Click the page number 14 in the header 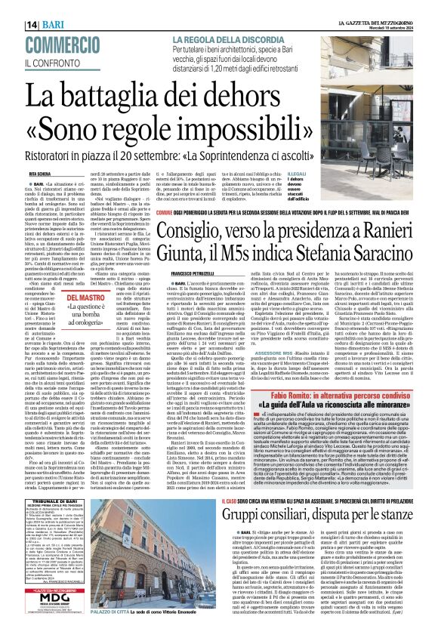pos(12,25)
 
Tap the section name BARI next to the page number pos(32,25)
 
